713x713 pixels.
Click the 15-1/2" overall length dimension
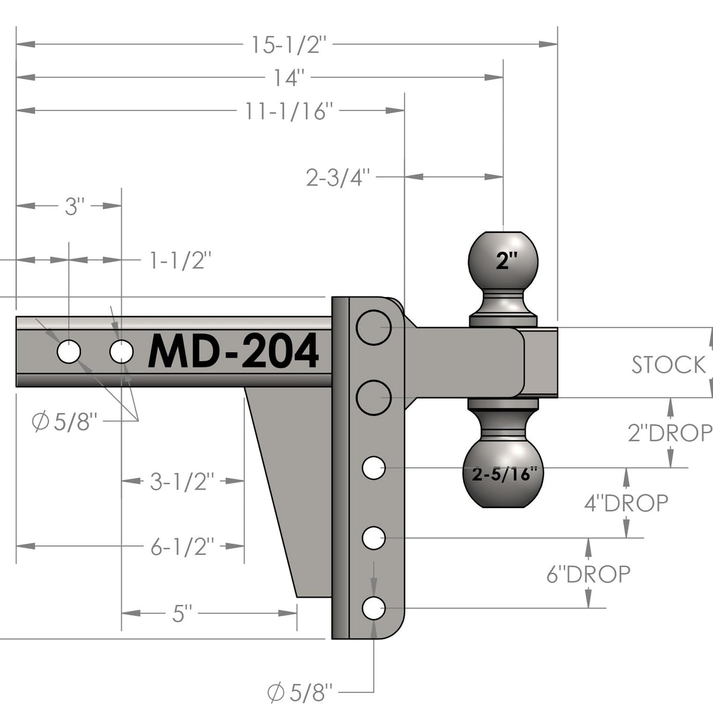pos(289,45)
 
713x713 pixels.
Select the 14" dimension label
pos(289,78)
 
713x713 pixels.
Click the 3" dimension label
pos(75,206)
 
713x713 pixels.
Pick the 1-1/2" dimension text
pos(180,260)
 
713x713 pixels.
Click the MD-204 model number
pos(233,351)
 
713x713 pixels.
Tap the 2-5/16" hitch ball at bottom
pos(503,474)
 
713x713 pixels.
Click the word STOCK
pos(668,365)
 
